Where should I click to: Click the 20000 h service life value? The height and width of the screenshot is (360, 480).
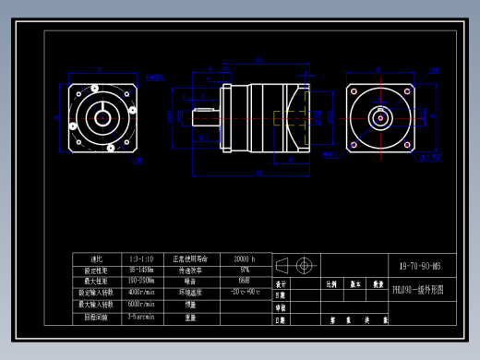(245, 259)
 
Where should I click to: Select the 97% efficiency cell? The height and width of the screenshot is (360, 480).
(245, 270)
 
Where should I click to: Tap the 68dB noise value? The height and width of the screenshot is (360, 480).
(245, 282)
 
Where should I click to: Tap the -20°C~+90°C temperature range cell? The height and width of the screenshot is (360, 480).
(245, 293)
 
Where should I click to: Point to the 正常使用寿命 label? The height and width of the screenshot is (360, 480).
(191, 259)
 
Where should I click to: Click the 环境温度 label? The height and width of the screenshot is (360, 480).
(191, 293)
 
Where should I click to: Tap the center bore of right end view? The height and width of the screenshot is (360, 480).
(379, 117)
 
